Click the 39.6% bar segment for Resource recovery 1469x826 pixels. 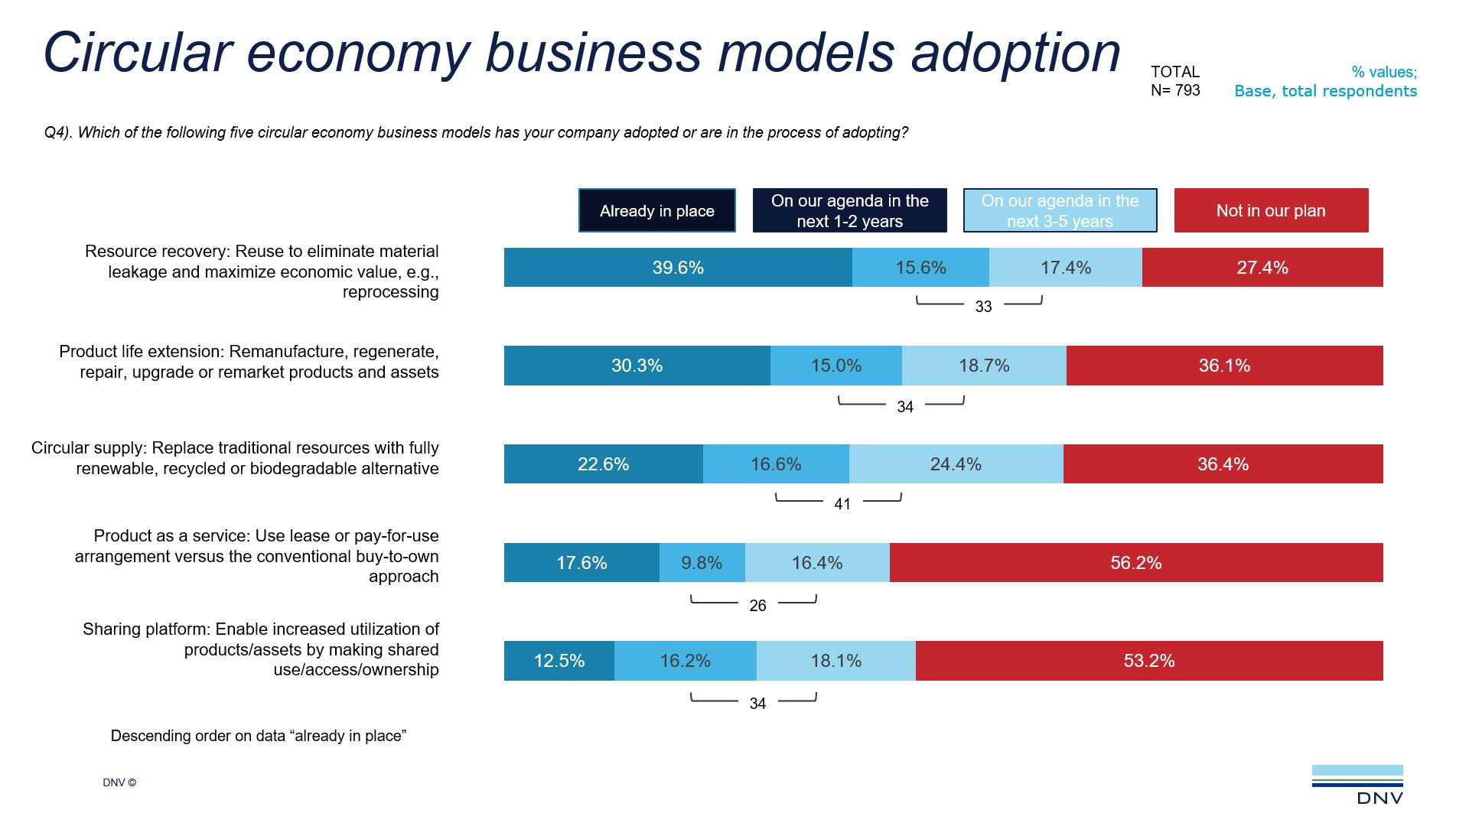(678, 268)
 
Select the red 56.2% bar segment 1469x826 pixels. (1136, 563)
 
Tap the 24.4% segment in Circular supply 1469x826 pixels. (956, 464)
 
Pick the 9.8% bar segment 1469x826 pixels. (702, 563)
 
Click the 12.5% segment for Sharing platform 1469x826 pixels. (559, 661)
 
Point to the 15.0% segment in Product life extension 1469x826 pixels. (836, 366)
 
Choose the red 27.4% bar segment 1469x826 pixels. (1262, 268)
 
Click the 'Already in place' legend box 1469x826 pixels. (656, 210)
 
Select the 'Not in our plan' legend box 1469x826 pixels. (1271, 210)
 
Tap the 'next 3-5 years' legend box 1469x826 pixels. (1060, 210)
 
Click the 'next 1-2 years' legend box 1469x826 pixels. (849, 210)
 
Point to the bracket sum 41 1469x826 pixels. (842, 504)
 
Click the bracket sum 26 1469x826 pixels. (757, 606)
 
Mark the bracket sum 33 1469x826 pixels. (983, 307)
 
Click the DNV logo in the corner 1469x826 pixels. (1358, 785)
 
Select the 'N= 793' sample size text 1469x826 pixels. (1175, 90)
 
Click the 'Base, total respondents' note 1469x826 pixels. (1325, 91)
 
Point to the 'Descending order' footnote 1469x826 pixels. (259, 736)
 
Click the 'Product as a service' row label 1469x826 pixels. (257, 556)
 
